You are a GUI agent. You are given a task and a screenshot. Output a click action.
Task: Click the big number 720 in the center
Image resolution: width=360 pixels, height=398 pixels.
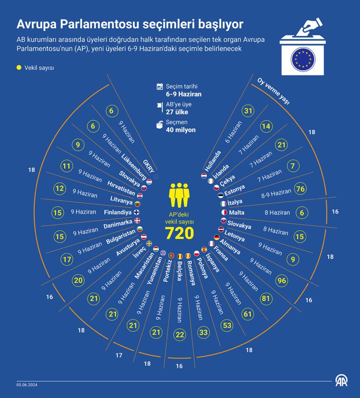coord(180,232)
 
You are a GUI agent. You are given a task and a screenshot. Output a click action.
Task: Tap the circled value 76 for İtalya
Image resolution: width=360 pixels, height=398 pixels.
coord(300,189)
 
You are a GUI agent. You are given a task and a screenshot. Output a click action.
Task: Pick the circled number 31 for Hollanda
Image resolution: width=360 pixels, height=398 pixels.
coord(248,111)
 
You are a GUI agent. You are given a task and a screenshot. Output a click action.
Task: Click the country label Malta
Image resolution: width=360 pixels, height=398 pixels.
coord(236,213)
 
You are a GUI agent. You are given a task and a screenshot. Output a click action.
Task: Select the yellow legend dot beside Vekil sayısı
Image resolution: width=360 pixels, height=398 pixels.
coord(19,67)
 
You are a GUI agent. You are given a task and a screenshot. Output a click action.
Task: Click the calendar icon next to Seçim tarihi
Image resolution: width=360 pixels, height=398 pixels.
coord(159,86)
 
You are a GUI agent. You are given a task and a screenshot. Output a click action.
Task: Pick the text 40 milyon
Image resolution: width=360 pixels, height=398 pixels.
coord(180,130)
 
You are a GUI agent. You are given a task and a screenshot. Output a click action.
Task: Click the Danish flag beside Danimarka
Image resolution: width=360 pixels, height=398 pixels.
coord(137,221)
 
